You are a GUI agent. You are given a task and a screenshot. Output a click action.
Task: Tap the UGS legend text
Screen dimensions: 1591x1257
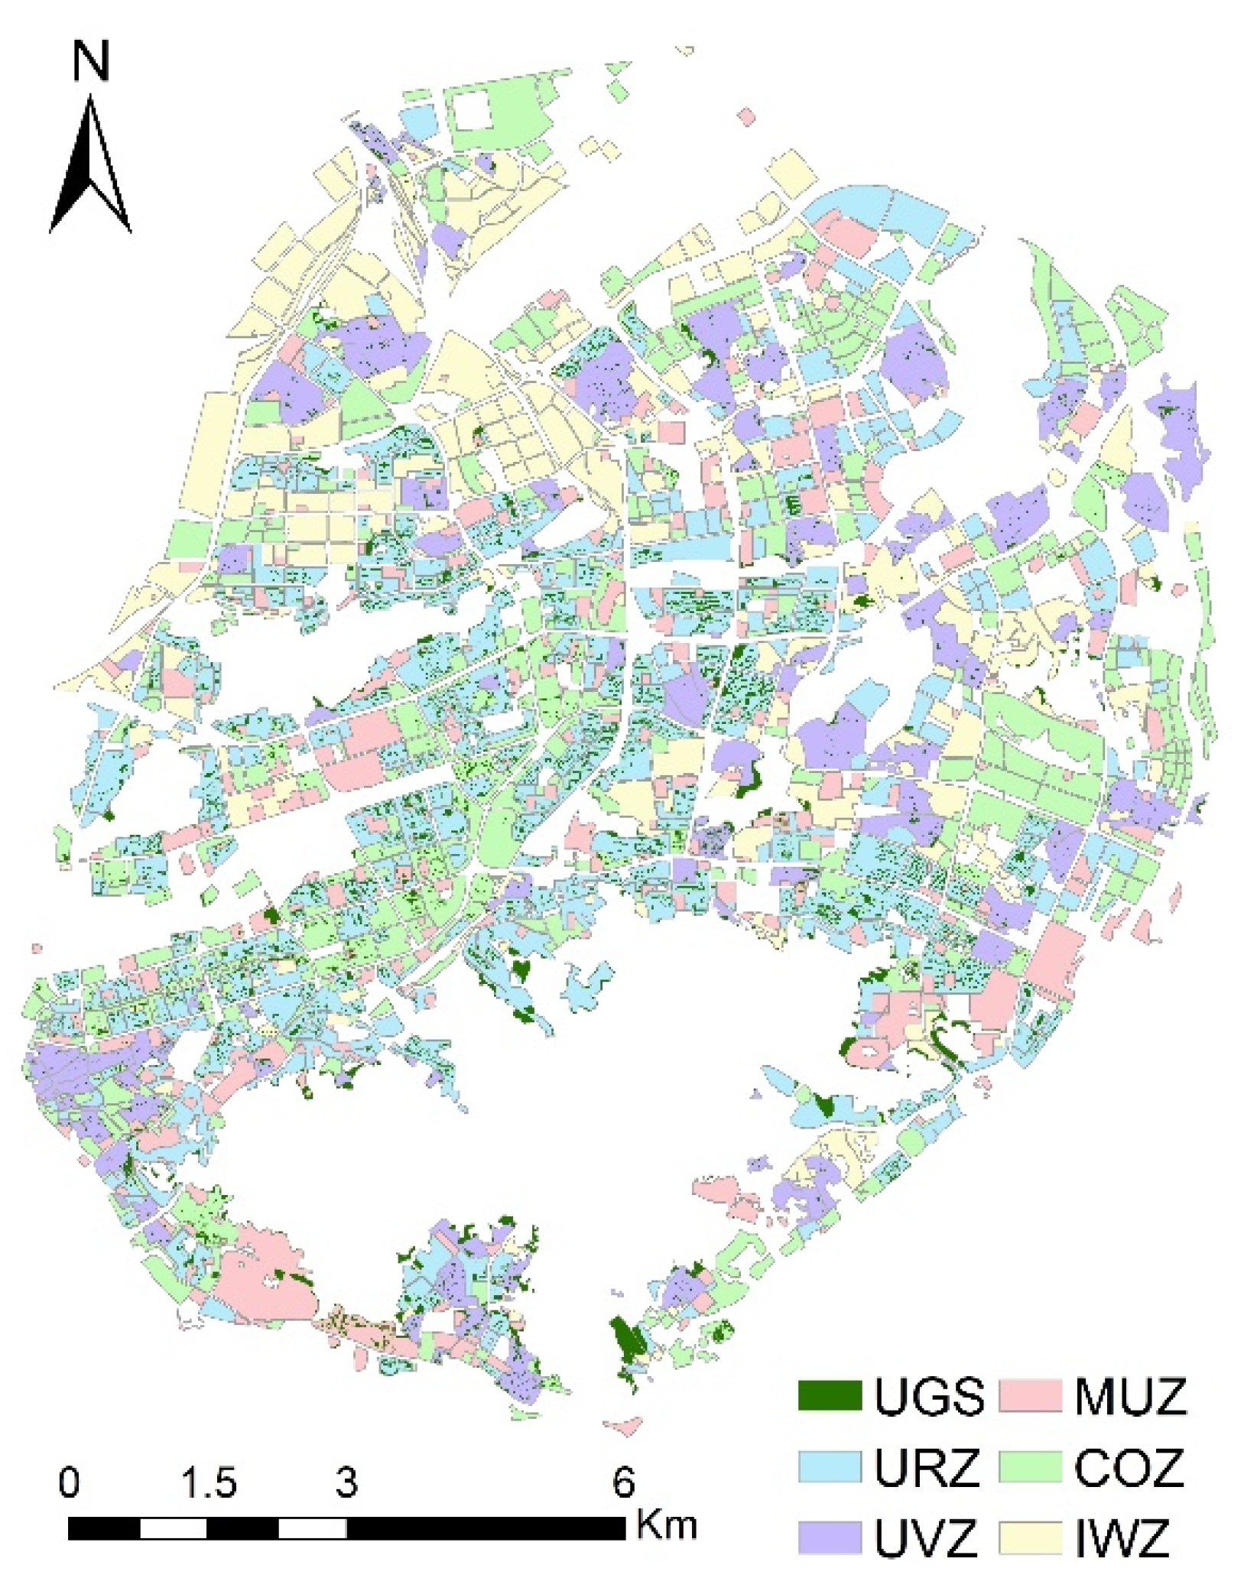click(x=929, y=1396)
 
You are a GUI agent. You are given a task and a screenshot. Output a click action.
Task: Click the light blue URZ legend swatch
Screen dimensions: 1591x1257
click(x=829, y=1468)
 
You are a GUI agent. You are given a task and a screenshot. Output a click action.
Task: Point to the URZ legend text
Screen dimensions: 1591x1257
click(x=927, y=1469)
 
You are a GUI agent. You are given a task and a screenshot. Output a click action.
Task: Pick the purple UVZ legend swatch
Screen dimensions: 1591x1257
click(x=829, y=1538)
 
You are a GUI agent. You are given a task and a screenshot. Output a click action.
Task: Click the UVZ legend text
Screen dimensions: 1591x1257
click(x=927, y=1539)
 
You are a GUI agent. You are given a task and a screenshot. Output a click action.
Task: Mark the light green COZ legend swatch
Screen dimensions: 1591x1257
click(x=1030, y=1468)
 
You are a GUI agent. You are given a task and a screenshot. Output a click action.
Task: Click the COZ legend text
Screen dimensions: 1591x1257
click(x=1129, y=1469)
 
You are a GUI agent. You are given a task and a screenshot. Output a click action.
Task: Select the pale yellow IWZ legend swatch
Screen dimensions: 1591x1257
click(x=1030, y=1538)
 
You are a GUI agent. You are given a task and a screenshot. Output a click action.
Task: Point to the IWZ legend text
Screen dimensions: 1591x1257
click(x=1122, y=1539)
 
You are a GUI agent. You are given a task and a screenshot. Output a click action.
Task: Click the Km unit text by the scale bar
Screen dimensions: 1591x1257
click(x=667, y=1524)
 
